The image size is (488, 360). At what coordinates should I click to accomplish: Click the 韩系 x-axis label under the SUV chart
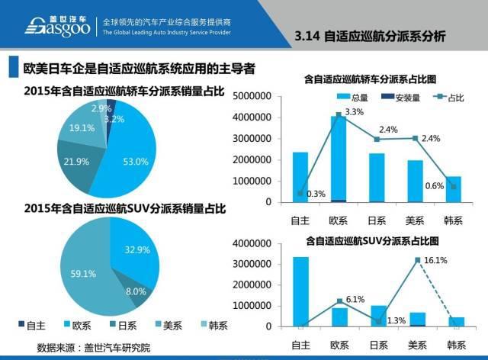pos(455,344)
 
